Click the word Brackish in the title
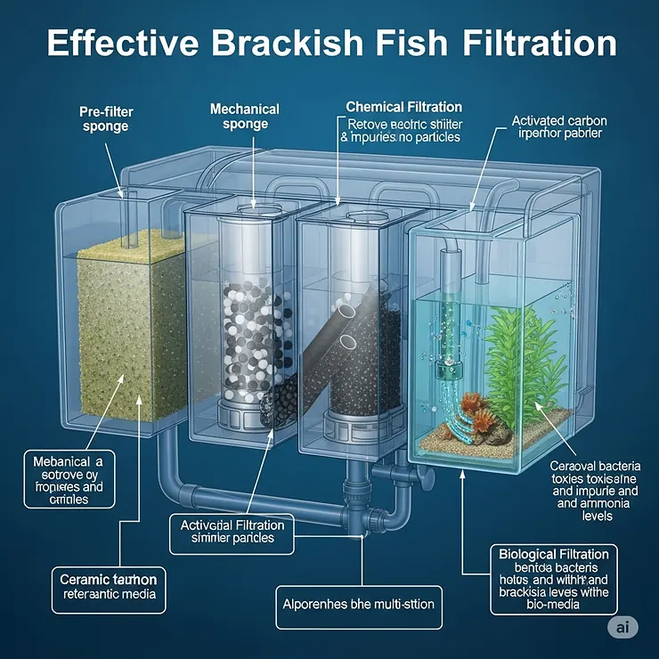281,44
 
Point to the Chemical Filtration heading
404,107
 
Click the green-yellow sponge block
129,321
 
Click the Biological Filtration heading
554,553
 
